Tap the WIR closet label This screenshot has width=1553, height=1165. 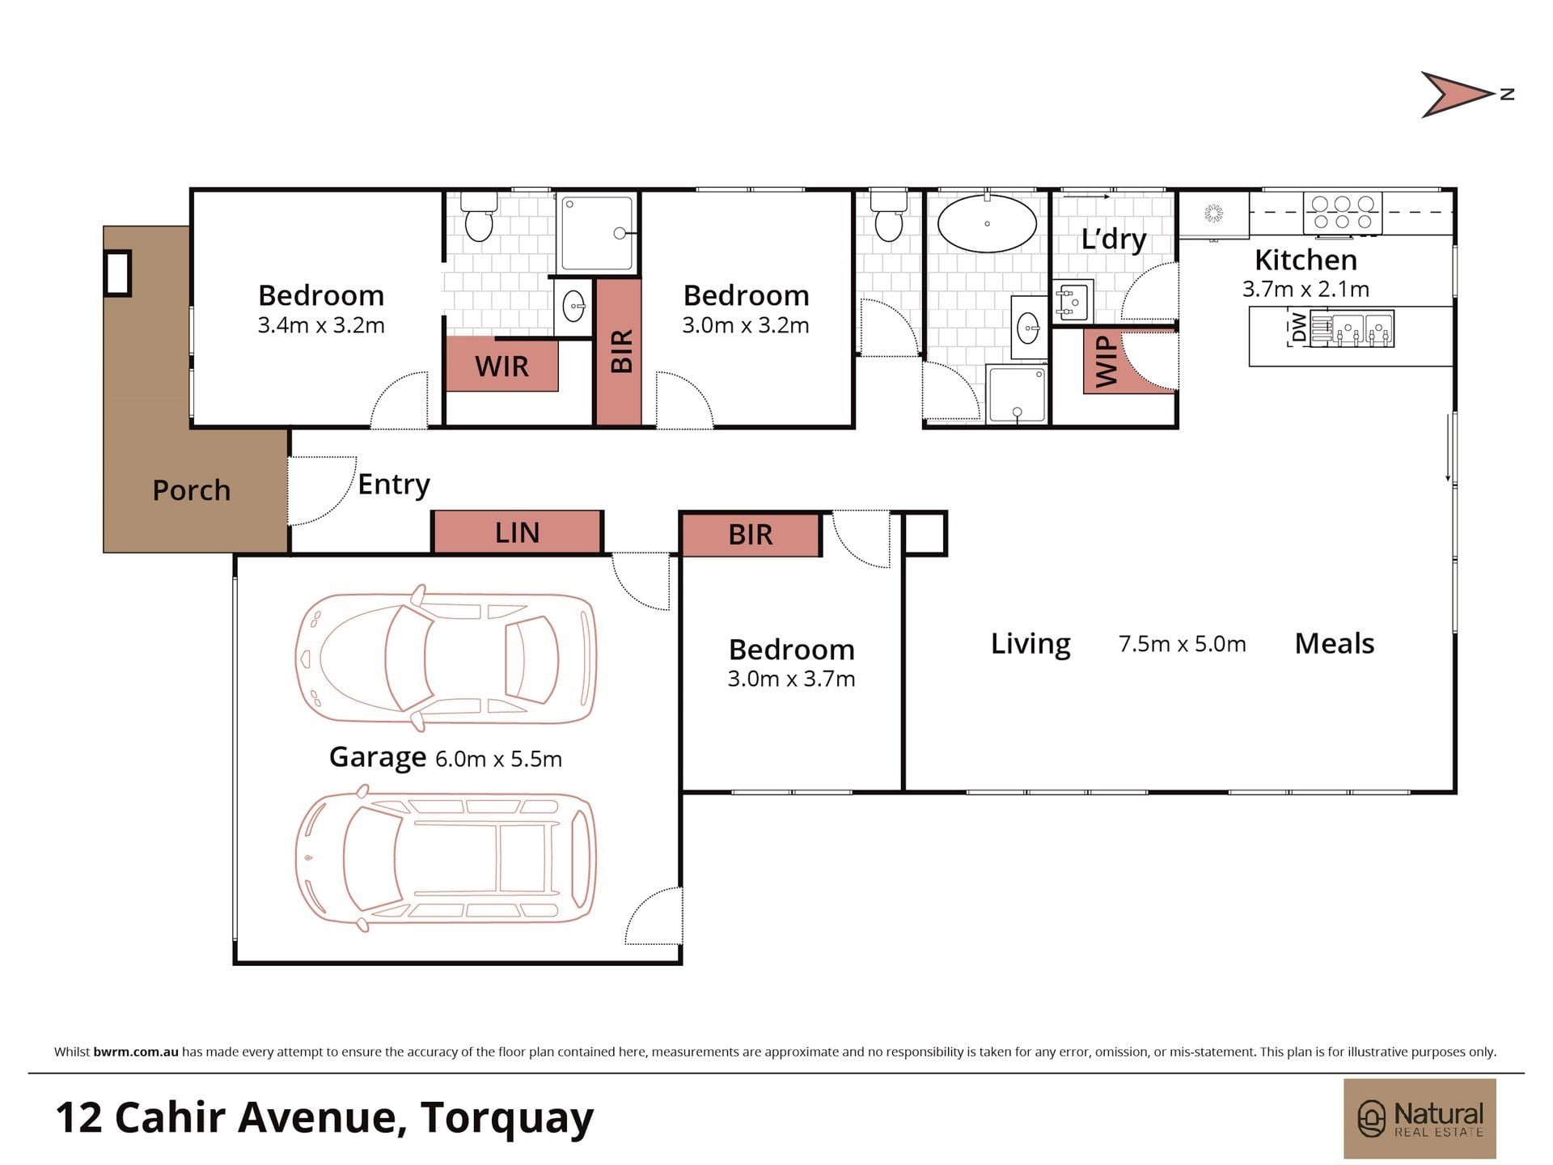tap(501, 366)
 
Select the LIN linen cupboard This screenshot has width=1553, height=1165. tap(518, 532)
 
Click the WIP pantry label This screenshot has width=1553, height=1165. tap(1106, 362)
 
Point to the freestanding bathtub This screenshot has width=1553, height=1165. tap(987, 223)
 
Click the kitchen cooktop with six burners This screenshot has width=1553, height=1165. tap(1342, 213)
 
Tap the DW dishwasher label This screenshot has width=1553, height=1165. tap(1299, 328)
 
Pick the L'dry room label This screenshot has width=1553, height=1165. tap(1113, 239)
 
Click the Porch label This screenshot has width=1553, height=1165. tap(192, 490)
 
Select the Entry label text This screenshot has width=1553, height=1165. tap(394, 485)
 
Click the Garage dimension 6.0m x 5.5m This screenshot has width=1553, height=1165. tap(498, 759)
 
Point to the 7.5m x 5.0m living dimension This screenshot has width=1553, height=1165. tap(1182, 644)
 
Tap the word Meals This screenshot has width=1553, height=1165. tap(1335, 644)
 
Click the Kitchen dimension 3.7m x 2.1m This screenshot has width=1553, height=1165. tap(1305, 289)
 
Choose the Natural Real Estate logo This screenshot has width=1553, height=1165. tap(1420, 1119)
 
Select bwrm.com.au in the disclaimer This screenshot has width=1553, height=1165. tap(136, 1052)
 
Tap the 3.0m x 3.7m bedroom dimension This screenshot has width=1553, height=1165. tap(791, 679)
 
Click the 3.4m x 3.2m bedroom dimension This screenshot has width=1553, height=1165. tap(321, 325)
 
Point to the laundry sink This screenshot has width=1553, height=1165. tap(1073, 301)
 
